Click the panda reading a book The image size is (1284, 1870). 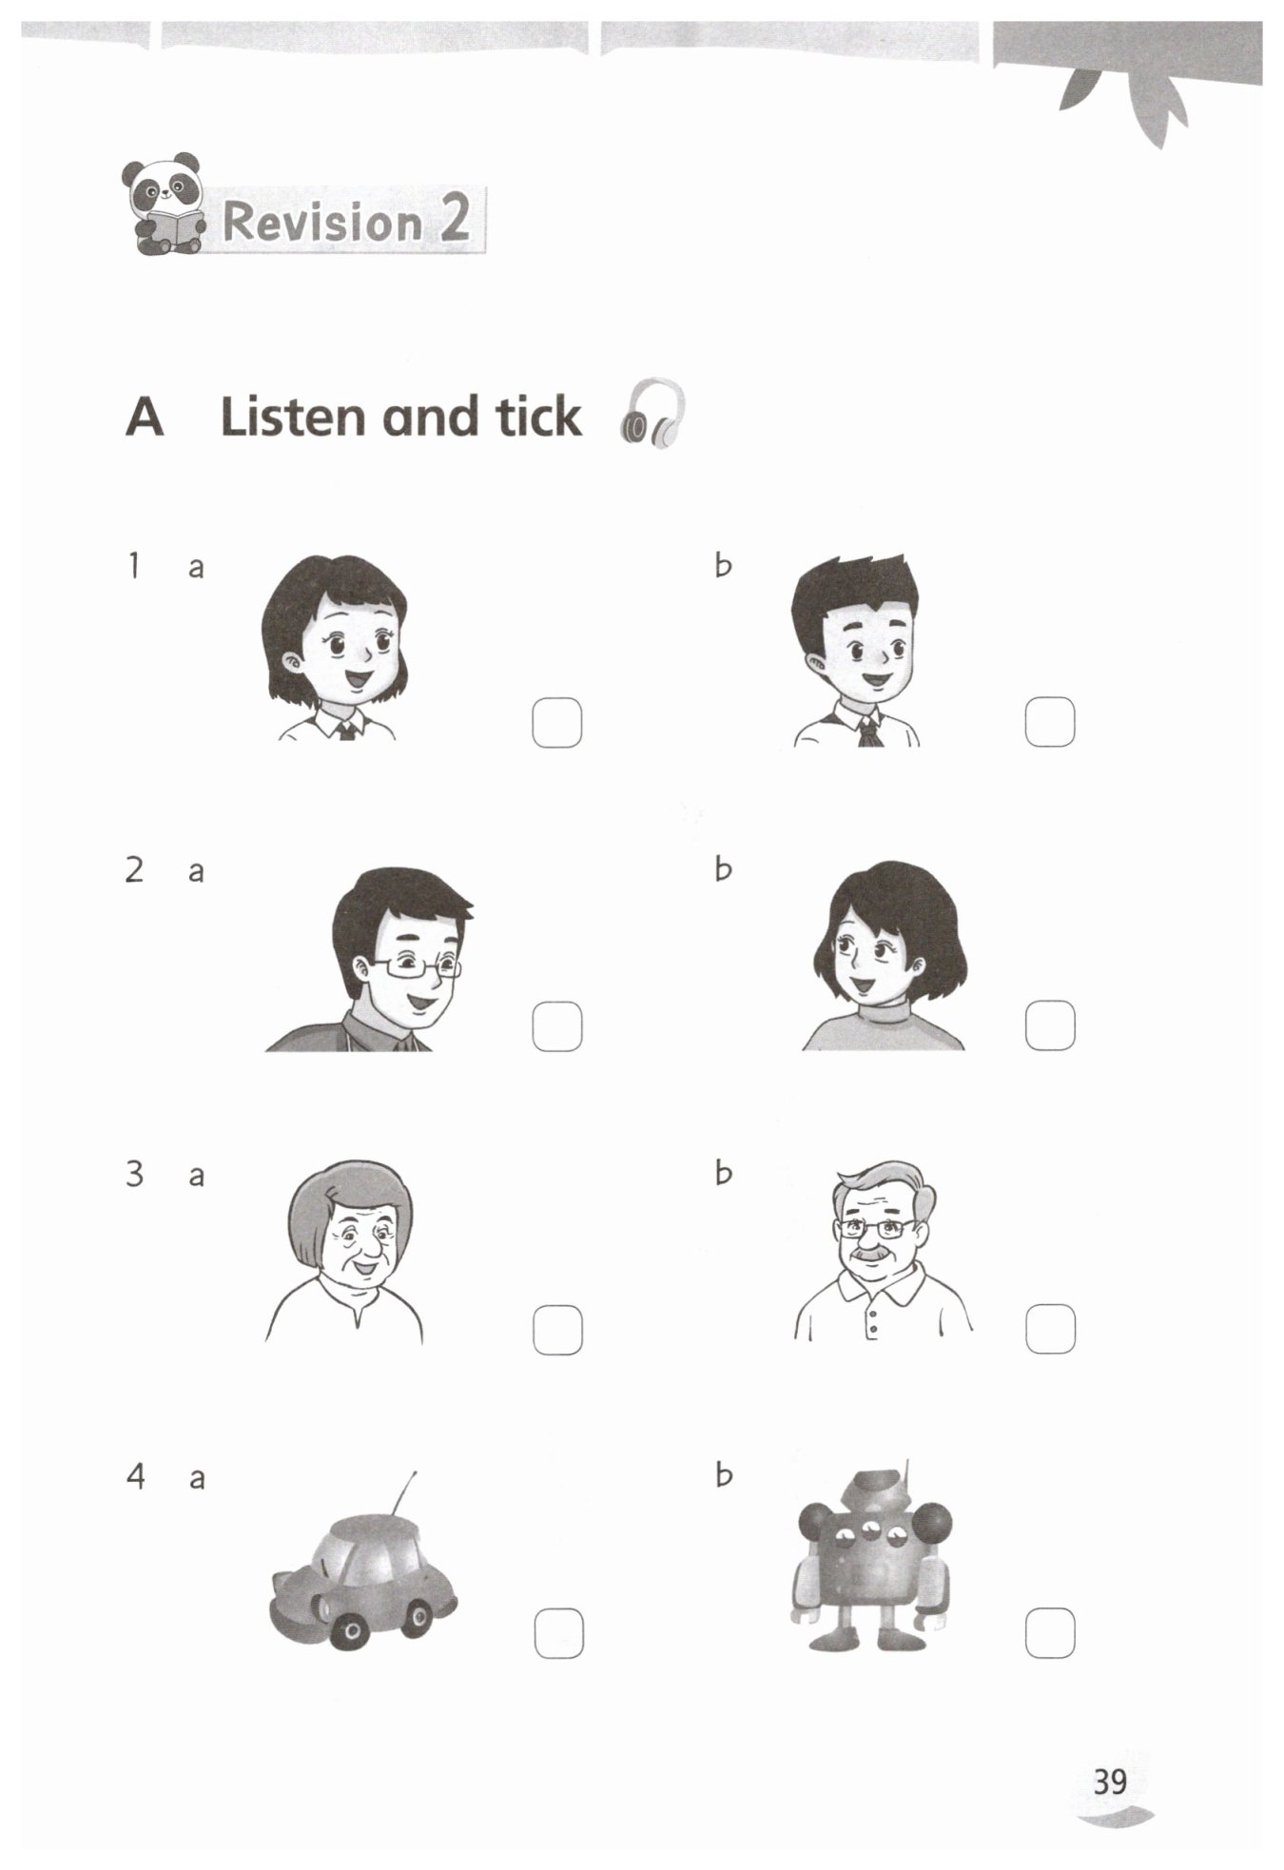[x=164, y=204]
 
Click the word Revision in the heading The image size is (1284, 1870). [x=321, y=222]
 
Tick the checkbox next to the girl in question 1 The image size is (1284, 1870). [x=557, y=723]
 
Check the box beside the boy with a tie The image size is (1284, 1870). [x=1050, y=721]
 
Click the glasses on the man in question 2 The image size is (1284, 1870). [x=417, y=966]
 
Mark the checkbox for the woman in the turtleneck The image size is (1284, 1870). [x=1050, y=1025]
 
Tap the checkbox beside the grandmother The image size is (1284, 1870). [x=557, y=1330]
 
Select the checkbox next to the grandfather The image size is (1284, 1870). [x=1050, y=1328]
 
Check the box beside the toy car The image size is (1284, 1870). [x=559, y=1632]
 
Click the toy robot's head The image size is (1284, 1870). [x=878, y=1492]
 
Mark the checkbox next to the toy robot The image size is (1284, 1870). [x=1050, y=1632]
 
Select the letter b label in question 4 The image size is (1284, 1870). [x=724, y=1474]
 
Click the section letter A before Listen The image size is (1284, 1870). [x=145, y=417]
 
